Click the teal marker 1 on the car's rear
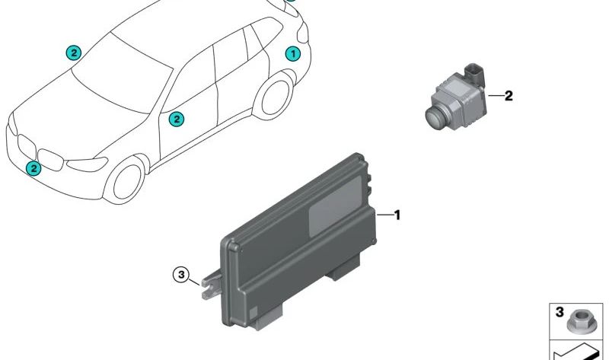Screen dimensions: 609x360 tap(293, 53)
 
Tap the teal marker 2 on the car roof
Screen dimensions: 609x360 tap(73, 53)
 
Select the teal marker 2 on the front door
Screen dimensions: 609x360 tap(177, 119)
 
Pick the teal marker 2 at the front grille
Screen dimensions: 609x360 tap(33, 168)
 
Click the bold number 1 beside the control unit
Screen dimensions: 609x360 tap(397, 215)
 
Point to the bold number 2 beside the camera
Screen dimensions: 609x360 tap(509, 96)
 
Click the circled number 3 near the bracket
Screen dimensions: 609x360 tap(181, 276)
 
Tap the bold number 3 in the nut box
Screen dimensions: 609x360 tap(560, 312)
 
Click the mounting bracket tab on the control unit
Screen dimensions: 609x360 tap(211, 285)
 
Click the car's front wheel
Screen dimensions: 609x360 tap(128, 182)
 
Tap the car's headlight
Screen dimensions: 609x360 tap(87, 164)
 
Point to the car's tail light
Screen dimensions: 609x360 tap(303, 33)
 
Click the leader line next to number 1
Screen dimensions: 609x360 tap(384, 215)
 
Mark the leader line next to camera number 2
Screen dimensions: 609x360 tap(496, 96)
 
